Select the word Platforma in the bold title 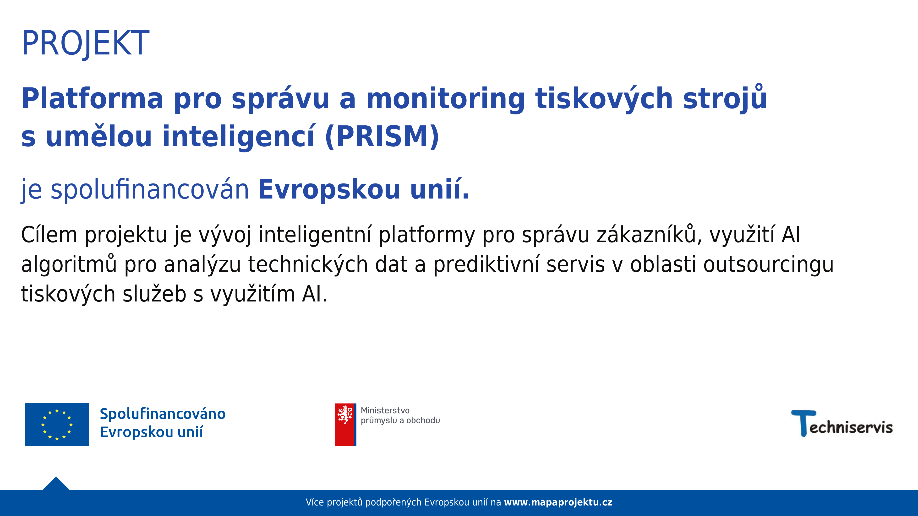click(x=92, y=98)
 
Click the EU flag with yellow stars click(x=57, y=425)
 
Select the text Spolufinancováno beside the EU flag click(x=163, y=414)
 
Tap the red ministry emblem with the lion click(x=345, y=425)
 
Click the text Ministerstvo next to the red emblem click(x=385, y=411)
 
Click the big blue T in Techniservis click(x=803, y=423)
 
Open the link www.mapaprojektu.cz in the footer click(x=558, y=502)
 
